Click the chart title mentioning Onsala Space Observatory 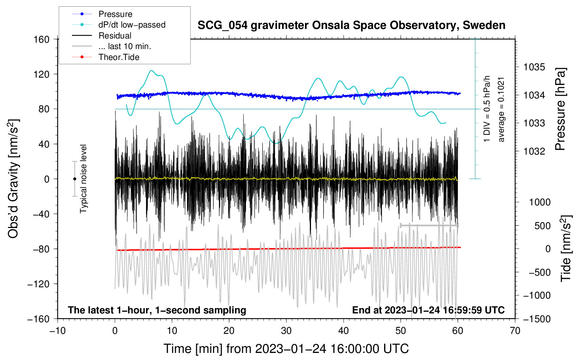pyautogui.click(x=351, y=25)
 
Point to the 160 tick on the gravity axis pyautogui.click(x=42, y=40)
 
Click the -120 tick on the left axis pyautogui.click(x=38, y=284)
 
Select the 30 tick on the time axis pyautogui.click(x=286, y=331)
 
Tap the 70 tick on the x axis pyautogui.click(x=515, y=331)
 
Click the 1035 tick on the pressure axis pyautogui.click(x=534, y=67)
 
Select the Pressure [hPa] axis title pyautogui.click(x=560, y=109)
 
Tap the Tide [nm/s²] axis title pyautogui.click(x=566, y=248)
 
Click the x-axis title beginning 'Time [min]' pyautogui.click(x=286, y=349)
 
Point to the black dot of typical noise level pyautogui.click(x=74, y=179)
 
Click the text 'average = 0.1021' pyautogui.click(x=501, y=110)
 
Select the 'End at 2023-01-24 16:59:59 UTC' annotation pyautogui.click(x=428, y=310)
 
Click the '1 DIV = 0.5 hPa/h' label pyautogui.click(x=486, y=109)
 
